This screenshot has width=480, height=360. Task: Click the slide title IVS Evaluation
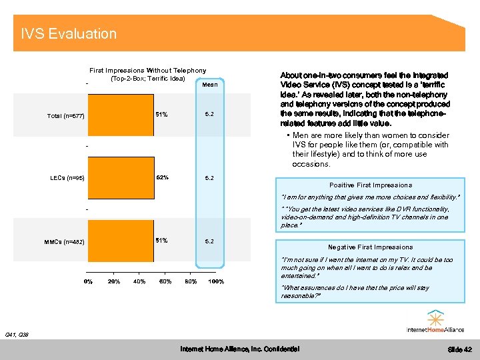tap(69, 34)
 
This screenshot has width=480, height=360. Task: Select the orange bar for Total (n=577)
tap(120, 115)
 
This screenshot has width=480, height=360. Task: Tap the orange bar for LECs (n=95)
tap(121, 177)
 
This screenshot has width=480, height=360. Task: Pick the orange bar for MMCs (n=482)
tap(120, 240)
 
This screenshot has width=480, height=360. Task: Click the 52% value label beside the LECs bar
tap(162, 177)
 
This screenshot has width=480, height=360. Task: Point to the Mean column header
tap(209, 85)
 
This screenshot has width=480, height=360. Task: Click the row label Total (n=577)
tap(66, 116)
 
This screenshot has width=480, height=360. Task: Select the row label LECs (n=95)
tap(67, 178)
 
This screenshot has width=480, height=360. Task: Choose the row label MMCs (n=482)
tap(64, 241)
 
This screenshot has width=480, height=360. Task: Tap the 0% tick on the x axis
tap(88, 281)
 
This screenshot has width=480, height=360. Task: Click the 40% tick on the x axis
tap(139, 281)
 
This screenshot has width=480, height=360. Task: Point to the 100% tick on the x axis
tap(216, 281)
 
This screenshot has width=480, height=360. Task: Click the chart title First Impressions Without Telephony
tap(148, 70)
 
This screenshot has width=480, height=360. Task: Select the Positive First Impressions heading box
tap(371, 185)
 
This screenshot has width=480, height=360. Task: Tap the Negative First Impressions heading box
tap(370, 247)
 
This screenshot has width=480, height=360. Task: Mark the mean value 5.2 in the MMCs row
tap(209, 240)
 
